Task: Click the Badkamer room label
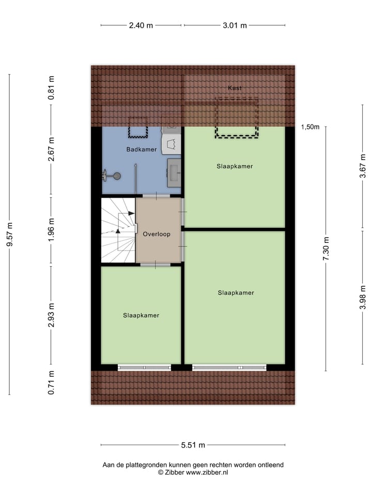pyautogui.click(x=142, y=150)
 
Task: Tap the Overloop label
pyautogui.click(x=158, y=233)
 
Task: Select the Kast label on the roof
pyautogui.click(x=235, y=88)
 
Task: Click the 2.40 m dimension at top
pyautogui.click(x=141, y=25)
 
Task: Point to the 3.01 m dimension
pyautogui.click(x=235, y=25)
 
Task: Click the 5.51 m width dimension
pyautogui.click(x=193, y=445)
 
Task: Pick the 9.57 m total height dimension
pyautogui.click(x=10, y=235)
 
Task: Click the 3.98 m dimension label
pyautogui.click(x=364, y=298)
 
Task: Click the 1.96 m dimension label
pyautogui.click(x=51, y=231)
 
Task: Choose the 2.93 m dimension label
pyautogui.click(x=51, y=315)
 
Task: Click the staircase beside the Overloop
pyautogui.click(x=118, y=230)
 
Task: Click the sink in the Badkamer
pyautogui.click(x=174, y=172)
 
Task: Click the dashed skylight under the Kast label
pyautogui.click(x=237, y=118)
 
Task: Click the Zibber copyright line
pyautogui.click(x=193, y=472)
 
